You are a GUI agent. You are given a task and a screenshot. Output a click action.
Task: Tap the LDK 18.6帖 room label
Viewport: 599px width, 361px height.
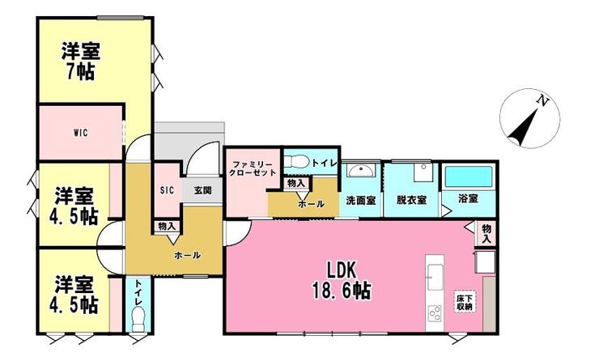coord(342,281)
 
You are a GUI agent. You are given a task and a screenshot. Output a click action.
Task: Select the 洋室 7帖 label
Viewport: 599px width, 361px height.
coord(81,62)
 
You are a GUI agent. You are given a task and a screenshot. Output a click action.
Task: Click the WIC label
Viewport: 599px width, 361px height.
coord(81,133)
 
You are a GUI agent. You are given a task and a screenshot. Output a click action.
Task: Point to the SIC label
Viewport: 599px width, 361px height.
coord(167,190)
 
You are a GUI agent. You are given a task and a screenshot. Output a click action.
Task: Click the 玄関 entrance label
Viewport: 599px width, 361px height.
coord(202,190)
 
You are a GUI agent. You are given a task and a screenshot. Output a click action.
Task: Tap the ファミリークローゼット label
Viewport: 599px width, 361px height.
coord(252,168)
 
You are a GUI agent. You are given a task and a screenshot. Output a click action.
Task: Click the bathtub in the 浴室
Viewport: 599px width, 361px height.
coord(469,176)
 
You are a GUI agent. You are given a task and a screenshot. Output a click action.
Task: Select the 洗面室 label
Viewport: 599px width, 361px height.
coord(361,200)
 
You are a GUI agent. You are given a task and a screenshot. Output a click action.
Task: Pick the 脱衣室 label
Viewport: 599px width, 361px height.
coord(411,200)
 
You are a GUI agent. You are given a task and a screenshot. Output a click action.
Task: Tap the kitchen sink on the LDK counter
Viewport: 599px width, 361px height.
coord(435,277)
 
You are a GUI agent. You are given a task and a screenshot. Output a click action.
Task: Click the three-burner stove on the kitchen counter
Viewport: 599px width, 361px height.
coord(435,315)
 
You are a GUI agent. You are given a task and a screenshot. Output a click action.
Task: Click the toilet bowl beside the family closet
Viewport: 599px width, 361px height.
coord(296,161)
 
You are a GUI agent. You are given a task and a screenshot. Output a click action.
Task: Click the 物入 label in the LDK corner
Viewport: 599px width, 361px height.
coord(486,234)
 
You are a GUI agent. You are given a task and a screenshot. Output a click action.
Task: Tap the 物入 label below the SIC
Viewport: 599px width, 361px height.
coord(167,226)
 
